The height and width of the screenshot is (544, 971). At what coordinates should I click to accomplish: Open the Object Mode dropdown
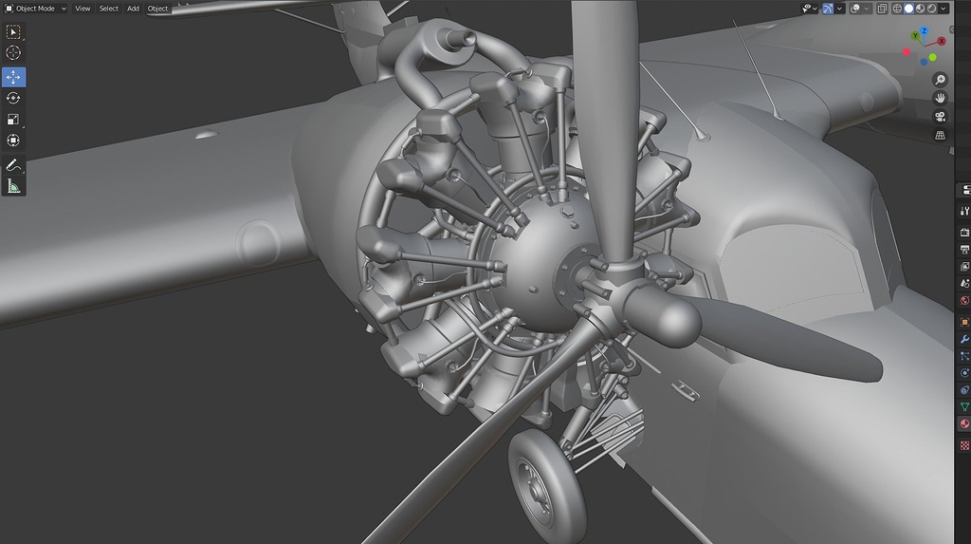(35, 9)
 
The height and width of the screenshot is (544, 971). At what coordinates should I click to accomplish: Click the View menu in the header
(82, 9)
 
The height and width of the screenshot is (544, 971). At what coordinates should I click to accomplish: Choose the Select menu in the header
(108, 9)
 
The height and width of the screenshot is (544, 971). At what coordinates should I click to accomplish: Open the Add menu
(133, 9)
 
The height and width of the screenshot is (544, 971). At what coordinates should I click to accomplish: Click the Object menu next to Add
(158, 9)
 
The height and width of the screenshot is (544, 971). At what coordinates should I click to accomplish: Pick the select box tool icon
(13, 31)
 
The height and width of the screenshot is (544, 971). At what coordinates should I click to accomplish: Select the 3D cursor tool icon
(13, 53)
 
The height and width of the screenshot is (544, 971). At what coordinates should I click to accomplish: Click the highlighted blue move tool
(13, 77)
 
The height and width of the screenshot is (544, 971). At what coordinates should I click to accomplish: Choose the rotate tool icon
(13, 98)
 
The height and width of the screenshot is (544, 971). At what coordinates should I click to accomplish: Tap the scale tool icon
(13, 119)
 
